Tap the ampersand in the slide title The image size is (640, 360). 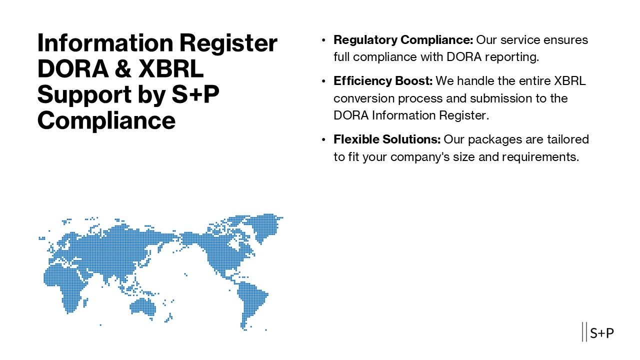coord(118,69)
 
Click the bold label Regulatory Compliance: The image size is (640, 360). coord(403,39)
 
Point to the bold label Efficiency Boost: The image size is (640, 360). coord(383,81)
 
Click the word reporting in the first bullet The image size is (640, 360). coord(516,57)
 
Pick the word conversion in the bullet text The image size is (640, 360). coord(364,98)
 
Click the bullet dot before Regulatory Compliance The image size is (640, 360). coord(323,39)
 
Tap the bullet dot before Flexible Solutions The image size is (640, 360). coord(323,139)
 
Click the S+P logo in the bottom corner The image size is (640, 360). coord(598,332)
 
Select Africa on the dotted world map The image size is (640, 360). coord(65,282)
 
